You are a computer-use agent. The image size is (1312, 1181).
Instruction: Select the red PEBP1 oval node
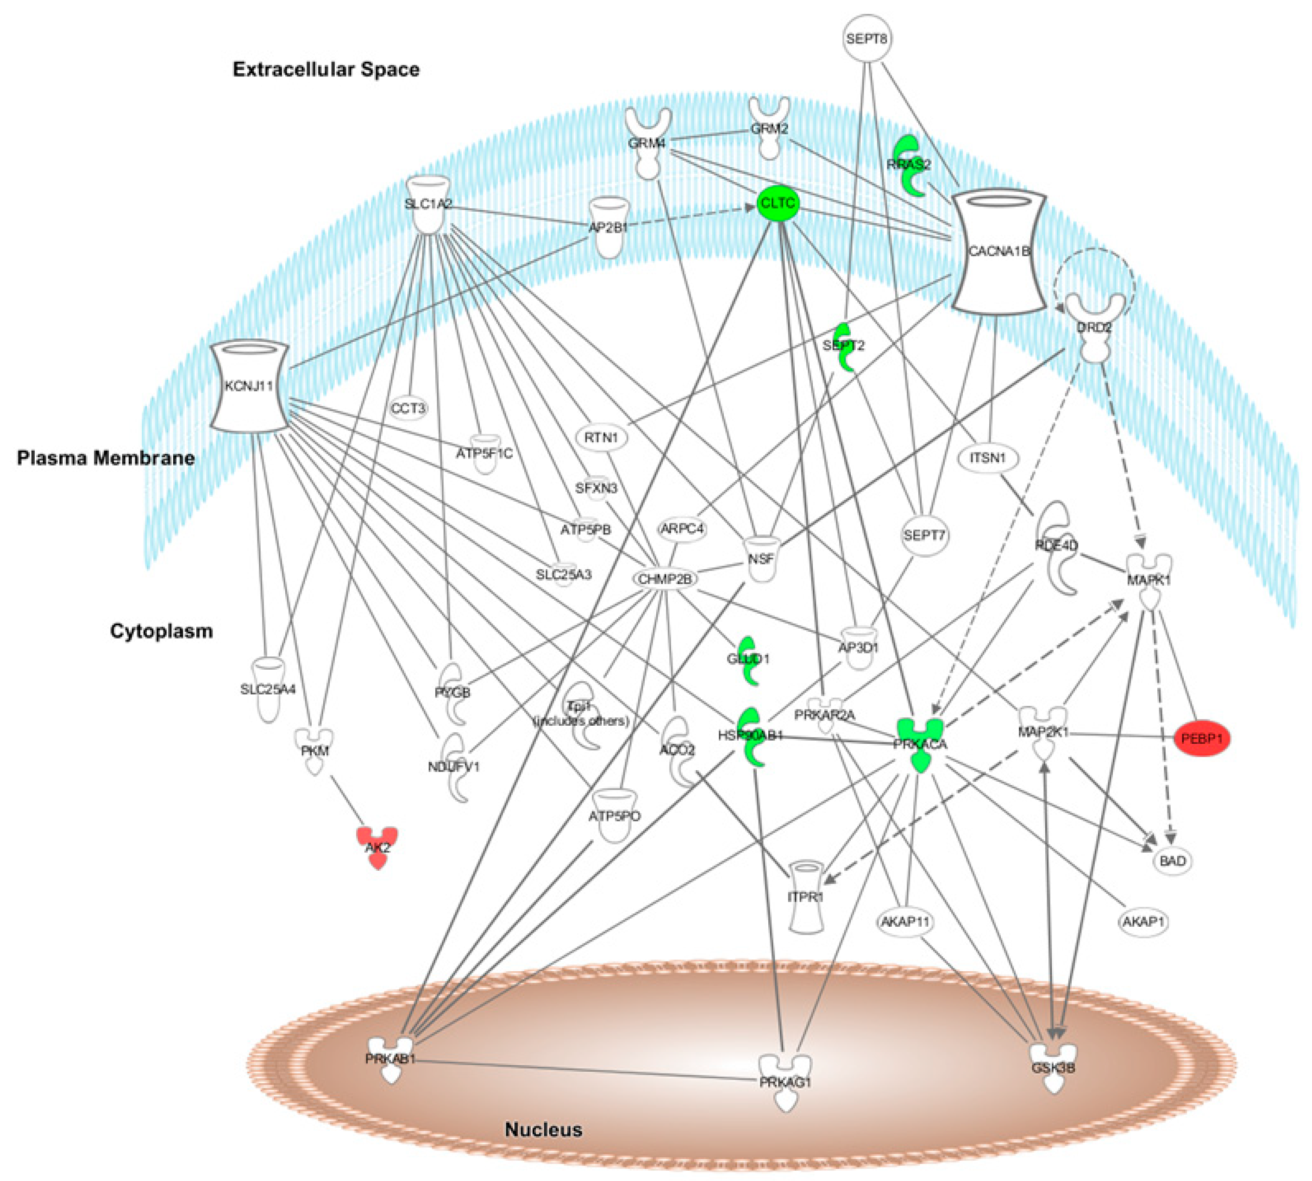point(1202,738)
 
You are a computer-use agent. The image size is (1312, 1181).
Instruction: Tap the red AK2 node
point(377,846)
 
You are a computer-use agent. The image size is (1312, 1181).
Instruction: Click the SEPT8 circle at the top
point(867,39)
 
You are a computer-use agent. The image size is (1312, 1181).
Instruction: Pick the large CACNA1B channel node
point(998,251)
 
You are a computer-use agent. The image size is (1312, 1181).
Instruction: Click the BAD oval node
point(1173,861)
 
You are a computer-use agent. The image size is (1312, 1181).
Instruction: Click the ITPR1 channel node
point(805,897)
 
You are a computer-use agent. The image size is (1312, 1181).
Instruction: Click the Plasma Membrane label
point(106,458)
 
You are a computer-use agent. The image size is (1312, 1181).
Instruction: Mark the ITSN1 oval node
point(987,458)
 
